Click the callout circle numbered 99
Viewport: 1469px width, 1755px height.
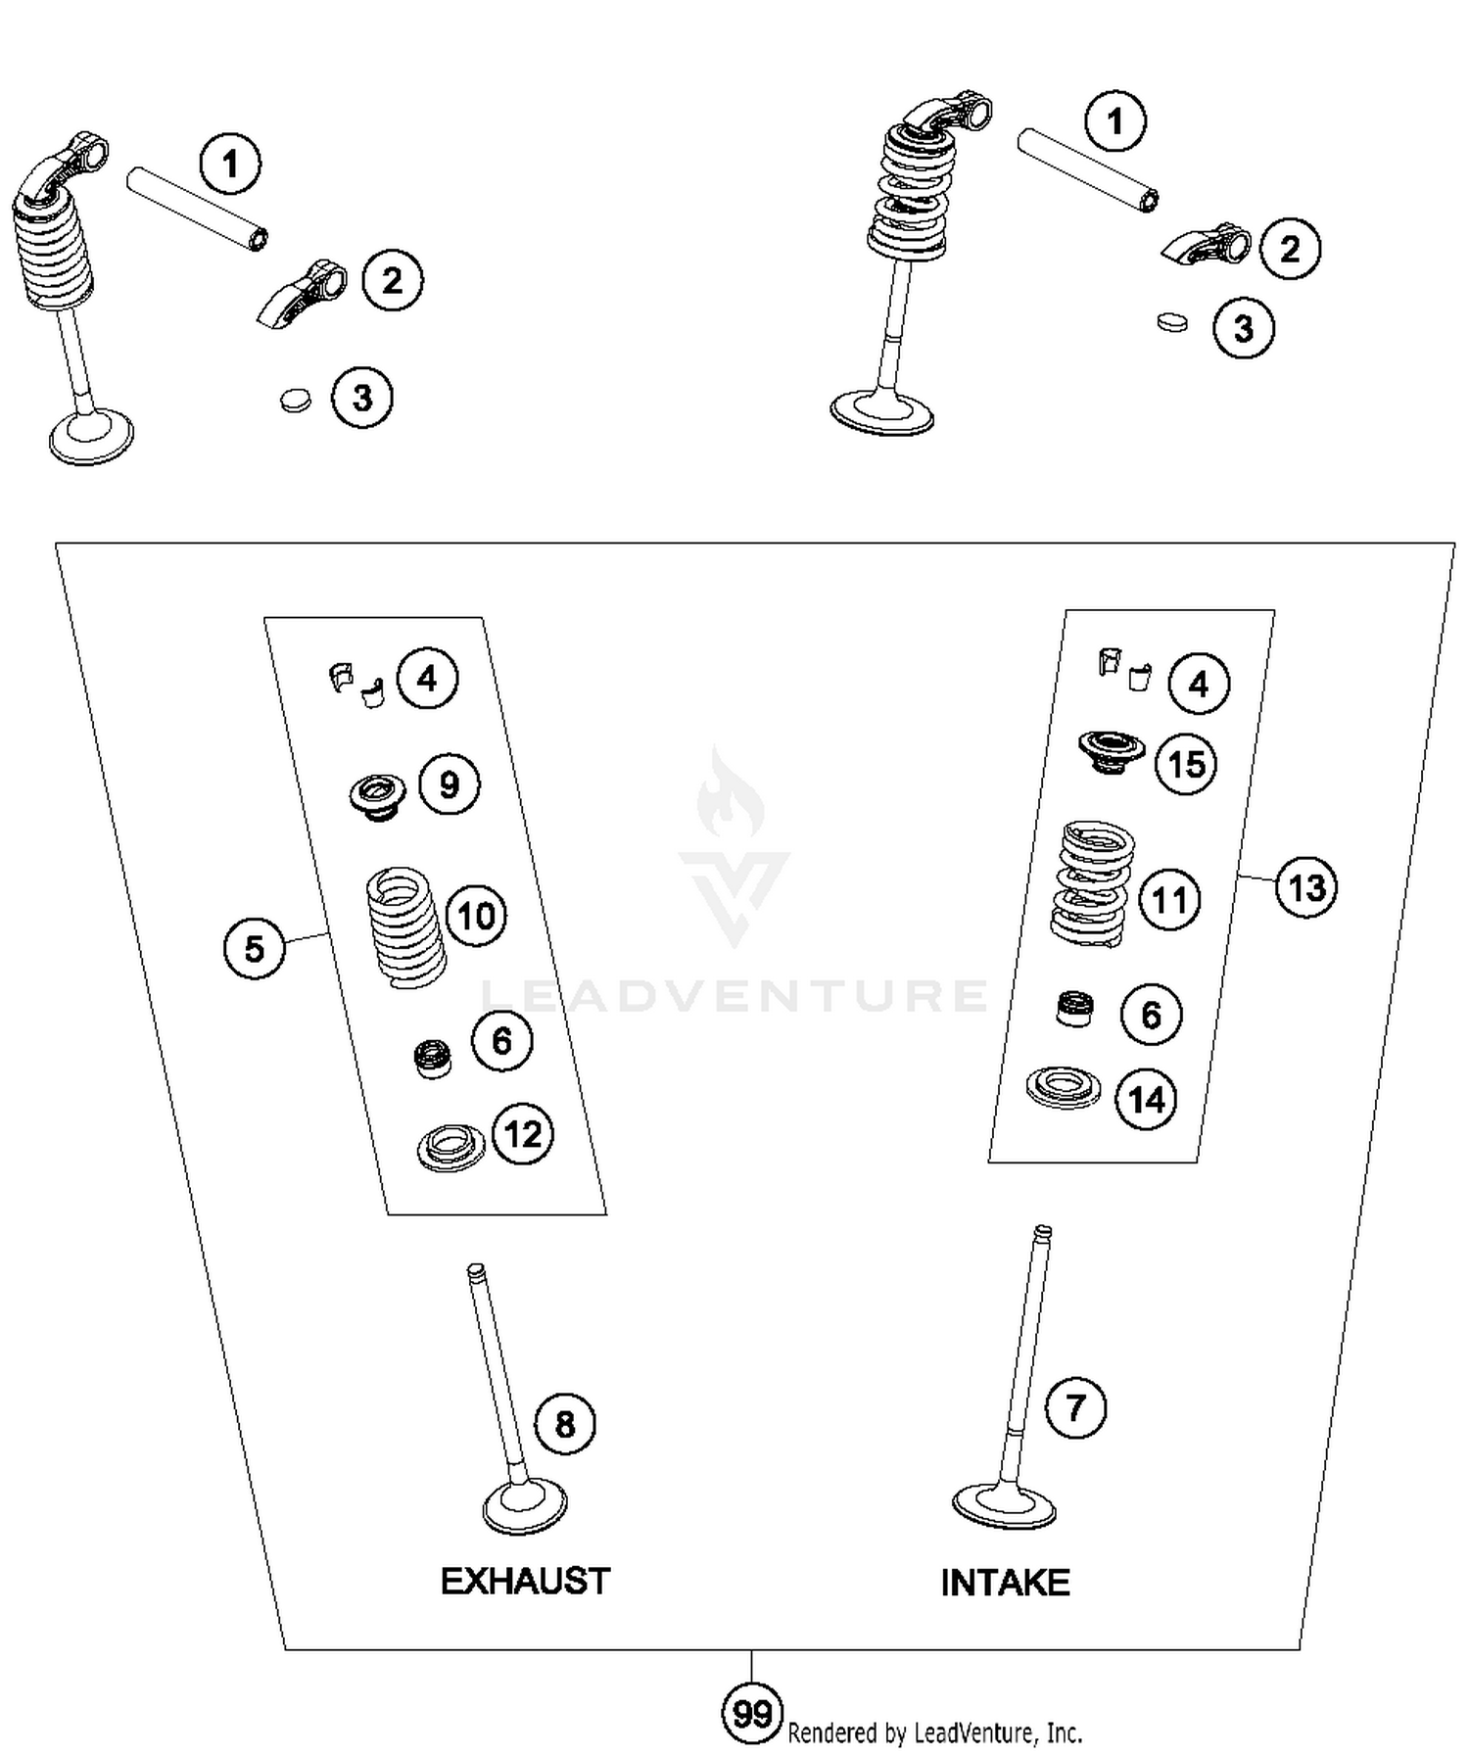(x=752, y=1713)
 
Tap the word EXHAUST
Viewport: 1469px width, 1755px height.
(x=525, y=1581)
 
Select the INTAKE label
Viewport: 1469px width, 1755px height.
(x=1005, y=1583)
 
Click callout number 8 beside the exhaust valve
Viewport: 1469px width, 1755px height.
(x=565, y=1423)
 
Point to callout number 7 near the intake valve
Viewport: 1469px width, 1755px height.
(x=1075, y=1407)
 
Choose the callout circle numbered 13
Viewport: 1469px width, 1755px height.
(x=1306, y=887)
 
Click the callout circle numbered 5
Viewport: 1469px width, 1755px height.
(x=255, y=948)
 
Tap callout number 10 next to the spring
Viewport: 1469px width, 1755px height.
(x=476, y=916)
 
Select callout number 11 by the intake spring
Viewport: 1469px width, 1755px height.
(x=1169, y=899)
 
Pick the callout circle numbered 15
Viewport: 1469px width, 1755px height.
(x=1187, y=763)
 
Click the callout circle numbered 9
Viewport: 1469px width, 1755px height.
(x=450, y=784)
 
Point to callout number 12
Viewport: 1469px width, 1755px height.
(x=523, y=1134)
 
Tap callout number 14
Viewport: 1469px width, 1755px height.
(x=1146, y=1099)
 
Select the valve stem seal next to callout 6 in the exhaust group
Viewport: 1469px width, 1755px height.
(x=432, y=1059)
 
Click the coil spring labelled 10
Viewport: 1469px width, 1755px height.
(x=405, y=926)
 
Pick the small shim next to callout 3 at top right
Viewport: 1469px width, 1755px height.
(x=1171, y=321)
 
